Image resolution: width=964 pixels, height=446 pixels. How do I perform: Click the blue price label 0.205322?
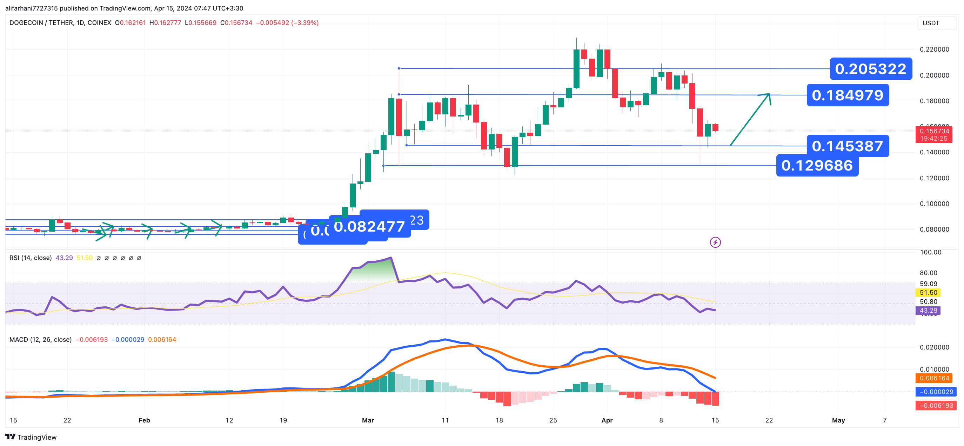(x=870, y=69)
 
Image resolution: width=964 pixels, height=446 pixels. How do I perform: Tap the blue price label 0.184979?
(x=848, y=95)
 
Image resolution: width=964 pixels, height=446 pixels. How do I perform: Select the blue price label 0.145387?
(x=848, y=146)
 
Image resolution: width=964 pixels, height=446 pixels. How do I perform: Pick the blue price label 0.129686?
(x=817, y=166)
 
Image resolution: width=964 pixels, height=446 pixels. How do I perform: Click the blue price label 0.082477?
(x=369, y=227)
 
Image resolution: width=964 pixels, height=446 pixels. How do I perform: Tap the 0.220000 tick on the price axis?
(x=935, y=49)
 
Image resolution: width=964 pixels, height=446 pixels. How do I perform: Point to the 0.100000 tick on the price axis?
(x=935, y=204)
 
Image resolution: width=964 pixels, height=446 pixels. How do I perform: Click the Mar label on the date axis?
(x=368, y=420)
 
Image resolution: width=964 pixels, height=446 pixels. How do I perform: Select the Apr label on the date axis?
(x=607, y=420)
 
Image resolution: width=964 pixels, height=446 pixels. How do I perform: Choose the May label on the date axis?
(x=838, y=420)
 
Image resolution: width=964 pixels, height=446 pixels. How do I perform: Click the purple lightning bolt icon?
(x=715, y=242)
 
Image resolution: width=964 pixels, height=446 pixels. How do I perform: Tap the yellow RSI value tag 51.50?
(x=929, y=292)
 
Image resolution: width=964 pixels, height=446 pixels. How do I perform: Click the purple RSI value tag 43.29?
(x=929, y=311)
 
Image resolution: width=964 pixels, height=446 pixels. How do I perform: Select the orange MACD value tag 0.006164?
(x=934, y=378)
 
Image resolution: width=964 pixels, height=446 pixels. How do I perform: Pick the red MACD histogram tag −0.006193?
(x=934, y=406)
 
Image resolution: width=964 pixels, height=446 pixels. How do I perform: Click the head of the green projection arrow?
(x=769, y=94)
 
